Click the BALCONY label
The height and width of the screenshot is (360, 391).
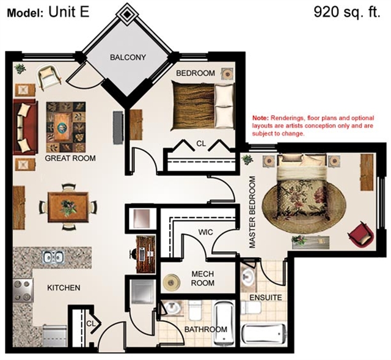click(128, 57)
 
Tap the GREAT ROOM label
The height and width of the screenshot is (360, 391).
click(70, 158)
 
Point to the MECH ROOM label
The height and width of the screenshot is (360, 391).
click(203, 279)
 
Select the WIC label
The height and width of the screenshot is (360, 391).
click(206, 232)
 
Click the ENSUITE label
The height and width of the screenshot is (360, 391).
click(266, 298)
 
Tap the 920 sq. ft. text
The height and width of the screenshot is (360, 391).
click(347, 12)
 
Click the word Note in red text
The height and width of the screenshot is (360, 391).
click(261, 118)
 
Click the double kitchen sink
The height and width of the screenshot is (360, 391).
click(53, 257)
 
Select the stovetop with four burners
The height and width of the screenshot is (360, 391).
click(23, 290)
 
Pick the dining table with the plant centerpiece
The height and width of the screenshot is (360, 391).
click(68, 207)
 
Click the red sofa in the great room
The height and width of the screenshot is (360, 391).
click(25, 127)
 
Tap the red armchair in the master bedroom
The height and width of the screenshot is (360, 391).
click(361, 235)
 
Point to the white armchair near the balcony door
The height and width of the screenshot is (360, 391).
click(49, 77)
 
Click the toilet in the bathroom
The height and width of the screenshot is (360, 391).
click(195, 310)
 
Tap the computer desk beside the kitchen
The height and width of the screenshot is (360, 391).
click(145, 254)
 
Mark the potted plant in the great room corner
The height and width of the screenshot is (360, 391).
click(20, 68)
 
